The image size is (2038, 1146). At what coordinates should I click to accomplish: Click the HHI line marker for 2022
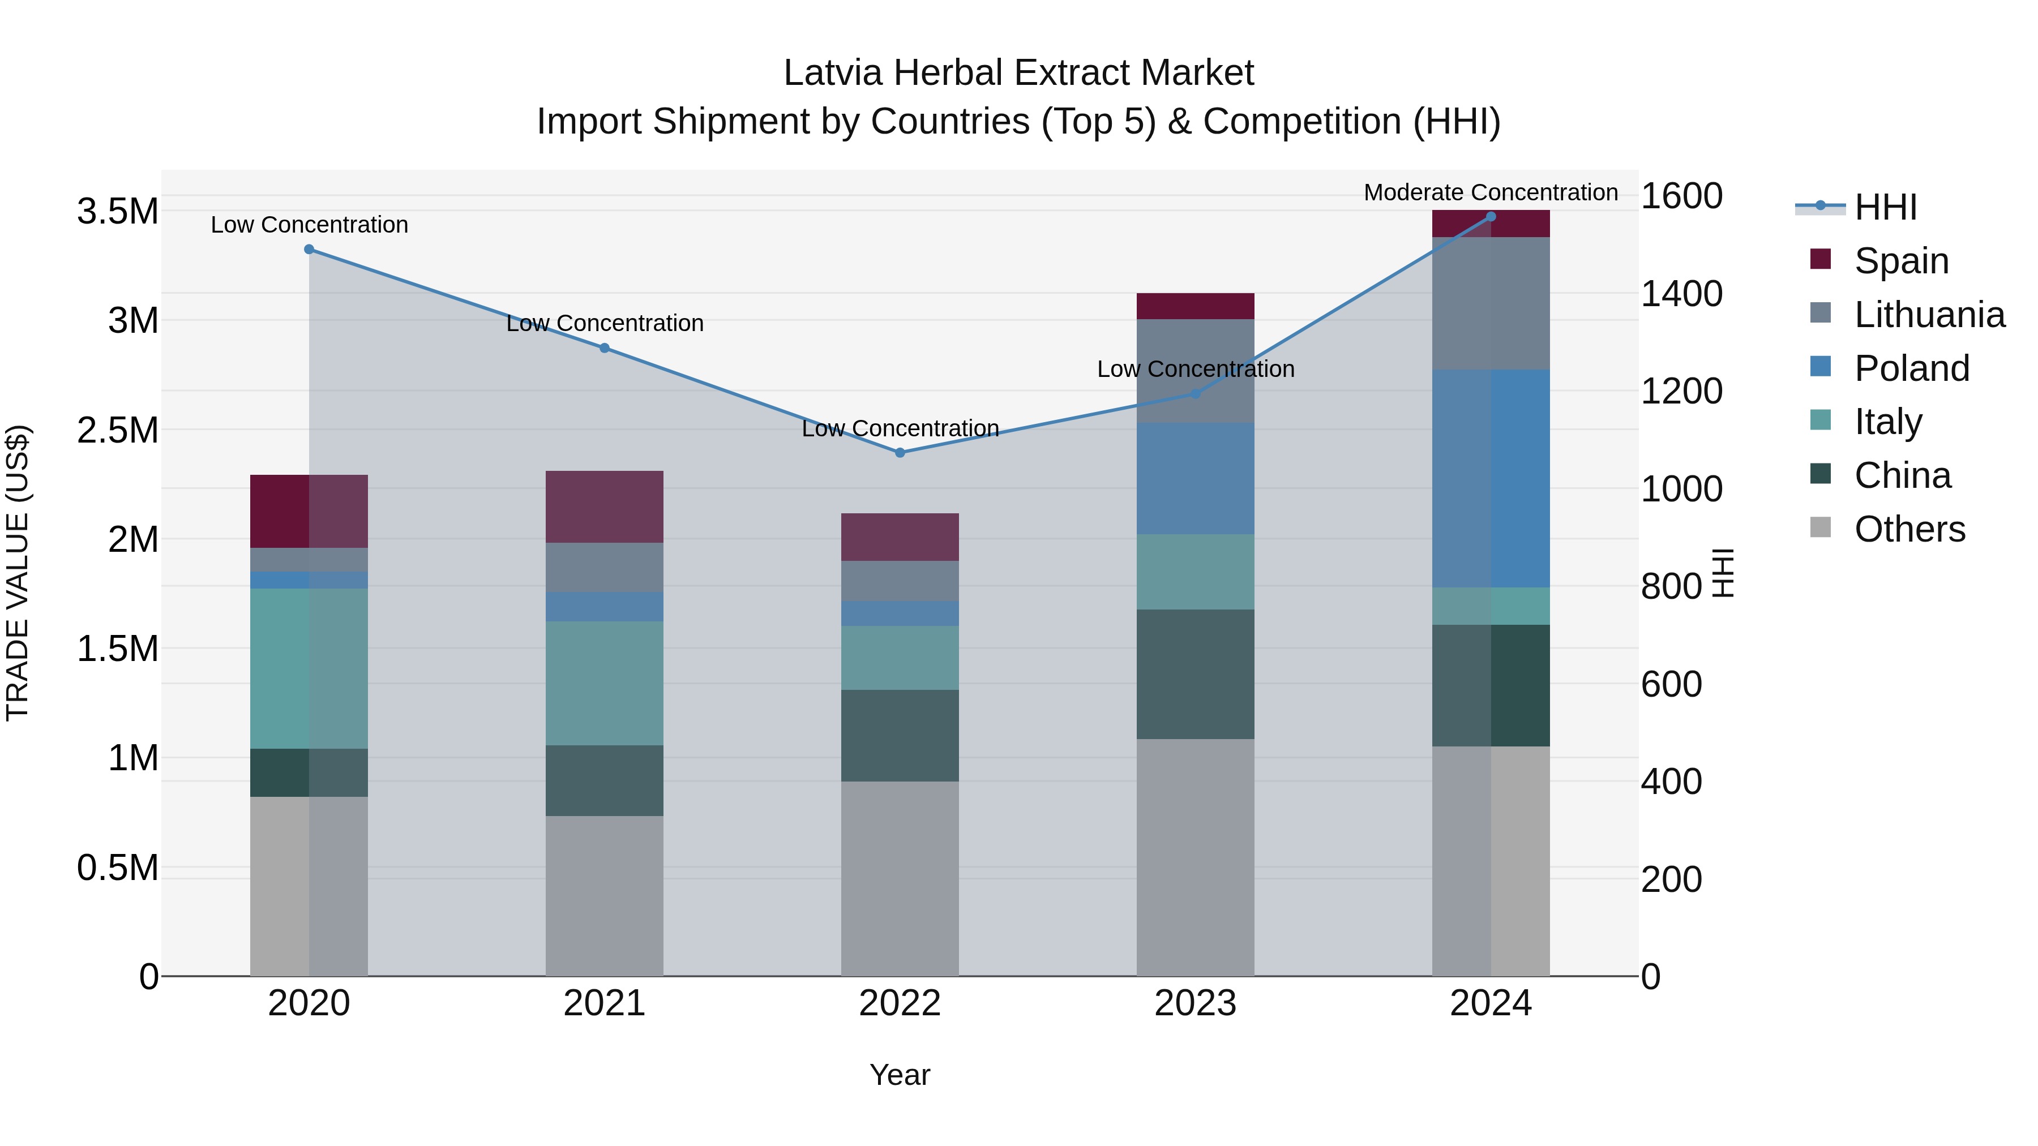point(900,452)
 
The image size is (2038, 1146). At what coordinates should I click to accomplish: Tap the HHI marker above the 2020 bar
point(309,249)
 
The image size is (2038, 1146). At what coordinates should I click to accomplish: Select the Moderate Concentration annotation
point(1491,192)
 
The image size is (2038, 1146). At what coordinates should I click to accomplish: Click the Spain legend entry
point(1901,261)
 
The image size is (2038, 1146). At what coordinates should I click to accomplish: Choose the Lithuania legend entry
point(1929,315)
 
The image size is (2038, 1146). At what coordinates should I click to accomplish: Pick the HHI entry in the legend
point(1885,207)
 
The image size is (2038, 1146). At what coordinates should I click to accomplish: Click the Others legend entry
point(1909,529)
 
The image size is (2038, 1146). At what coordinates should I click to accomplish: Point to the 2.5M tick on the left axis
point(117,430)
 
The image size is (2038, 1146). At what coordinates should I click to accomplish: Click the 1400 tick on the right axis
point(1681,293)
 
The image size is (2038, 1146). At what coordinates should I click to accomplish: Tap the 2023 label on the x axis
point(1194,1003)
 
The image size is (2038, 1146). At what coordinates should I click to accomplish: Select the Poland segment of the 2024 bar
point(1491,478)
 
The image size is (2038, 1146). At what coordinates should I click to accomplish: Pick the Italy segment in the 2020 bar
point(309,668)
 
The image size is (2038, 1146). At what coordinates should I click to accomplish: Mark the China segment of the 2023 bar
point(1194,674)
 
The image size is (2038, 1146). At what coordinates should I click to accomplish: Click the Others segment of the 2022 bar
point(900,878)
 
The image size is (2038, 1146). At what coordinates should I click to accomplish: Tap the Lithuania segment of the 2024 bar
point(1491,303)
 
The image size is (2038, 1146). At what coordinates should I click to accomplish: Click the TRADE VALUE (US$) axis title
point(18,573)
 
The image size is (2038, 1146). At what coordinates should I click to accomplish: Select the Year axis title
point(900,1075)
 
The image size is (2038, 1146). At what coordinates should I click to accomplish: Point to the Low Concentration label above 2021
point(605,324)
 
